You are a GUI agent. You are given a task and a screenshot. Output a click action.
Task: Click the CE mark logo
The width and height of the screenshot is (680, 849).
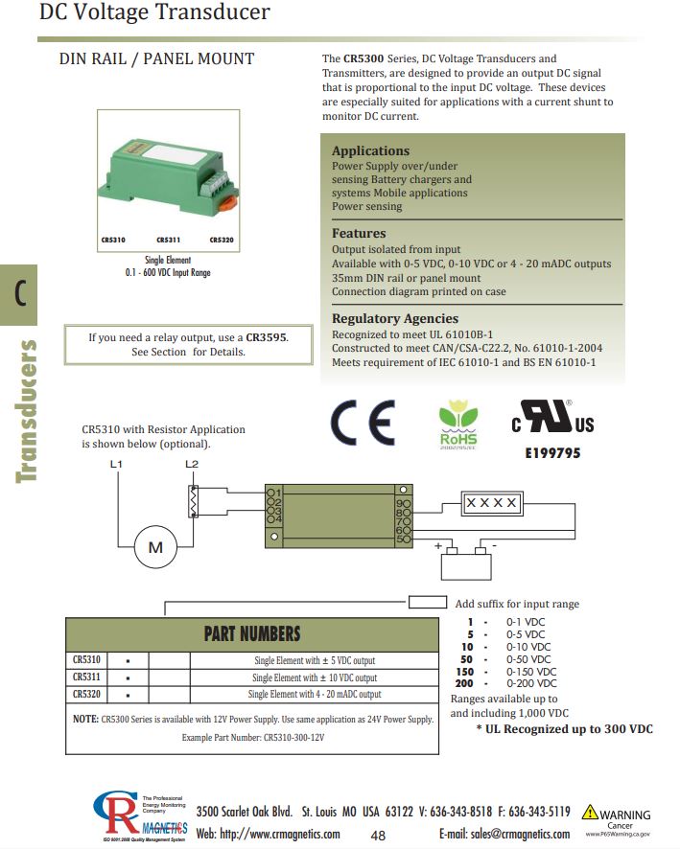362,421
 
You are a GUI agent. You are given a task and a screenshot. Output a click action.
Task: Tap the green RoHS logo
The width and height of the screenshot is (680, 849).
457,423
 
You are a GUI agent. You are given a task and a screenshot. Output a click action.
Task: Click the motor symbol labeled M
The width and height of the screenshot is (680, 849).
154,547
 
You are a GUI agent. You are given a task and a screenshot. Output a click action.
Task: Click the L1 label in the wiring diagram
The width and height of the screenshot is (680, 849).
116,465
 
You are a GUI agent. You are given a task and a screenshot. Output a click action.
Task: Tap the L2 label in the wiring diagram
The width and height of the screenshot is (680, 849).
191,465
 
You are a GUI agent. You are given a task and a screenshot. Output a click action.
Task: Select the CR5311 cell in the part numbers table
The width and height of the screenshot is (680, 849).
86,677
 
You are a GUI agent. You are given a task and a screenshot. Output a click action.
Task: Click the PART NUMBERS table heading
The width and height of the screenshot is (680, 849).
251,633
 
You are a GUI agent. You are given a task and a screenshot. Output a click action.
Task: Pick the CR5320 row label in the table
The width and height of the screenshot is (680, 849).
86,694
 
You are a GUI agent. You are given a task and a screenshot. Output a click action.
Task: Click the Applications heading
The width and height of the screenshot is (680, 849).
370,150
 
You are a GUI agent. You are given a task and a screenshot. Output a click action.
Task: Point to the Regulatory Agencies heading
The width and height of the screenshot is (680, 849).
395,318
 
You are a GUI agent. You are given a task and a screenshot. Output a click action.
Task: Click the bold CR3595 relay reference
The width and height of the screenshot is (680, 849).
266,337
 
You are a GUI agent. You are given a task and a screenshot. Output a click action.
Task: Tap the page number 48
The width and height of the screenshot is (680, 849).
378,835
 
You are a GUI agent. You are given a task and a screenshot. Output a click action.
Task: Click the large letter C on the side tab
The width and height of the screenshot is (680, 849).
19,294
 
